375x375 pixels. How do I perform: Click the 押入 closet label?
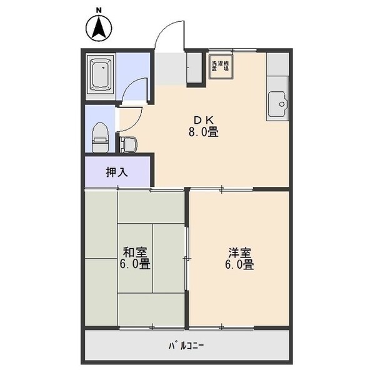tap(117, 171)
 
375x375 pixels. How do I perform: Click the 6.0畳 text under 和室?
tap(135, 264)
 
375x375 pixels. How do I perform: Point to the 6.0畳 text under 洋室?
tap(239, 264)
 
